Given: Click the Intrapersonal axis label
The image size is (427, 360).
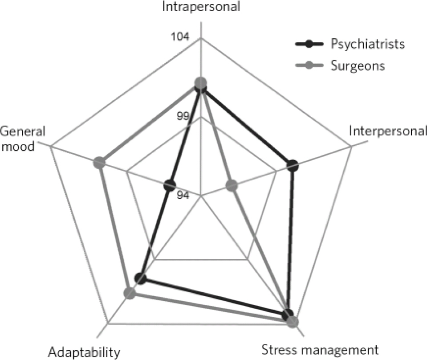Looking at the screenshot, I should point(202,8).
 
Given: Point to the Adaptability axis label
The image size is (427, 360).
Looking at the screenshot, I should point(85,352).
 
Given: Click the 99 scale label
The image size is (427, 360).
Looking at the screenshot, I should point(182,117).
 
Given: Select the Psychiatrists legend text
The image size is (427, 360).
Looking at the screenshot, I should point(367,44).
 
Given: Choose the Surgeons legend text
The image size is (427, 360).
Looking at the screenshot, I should point(358,66).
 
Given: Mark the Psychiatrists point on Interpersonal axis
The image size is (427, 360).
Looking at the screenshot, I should point(292,166).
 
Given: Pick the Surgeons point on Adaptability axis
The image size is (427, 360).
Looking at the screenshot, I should point(129,294).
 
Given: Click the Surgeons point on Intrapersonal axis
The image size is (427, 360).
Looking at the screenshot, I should point(201,83).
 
